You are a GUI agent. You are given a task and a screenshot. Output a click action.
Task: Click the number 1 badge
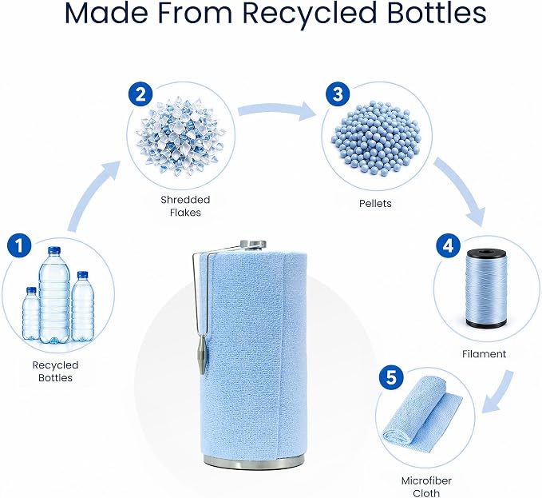coord(19,246)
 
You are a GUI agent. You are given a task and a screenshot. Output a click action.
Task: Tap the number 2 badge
coord(140,94)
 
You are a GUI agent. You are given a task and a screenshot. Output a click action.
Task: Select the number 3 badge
coord(338,94)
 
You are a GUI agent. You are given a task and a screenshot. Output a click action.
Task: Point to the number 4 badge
coord(448,246)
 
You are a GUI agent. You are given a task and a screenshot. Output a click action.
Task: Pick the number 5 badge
coord(391,377)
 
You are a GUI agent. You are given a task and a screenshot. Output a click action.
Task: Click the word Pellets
coord(375,203)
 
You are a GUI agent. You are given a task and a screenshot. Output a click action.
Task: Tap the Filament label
coord(484,353)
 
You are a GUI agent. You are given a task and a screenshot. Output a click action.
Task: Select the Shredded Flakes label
coord(185,206)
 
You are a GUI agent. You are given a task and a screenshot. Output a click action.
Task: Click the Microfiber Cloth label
coord(426,487)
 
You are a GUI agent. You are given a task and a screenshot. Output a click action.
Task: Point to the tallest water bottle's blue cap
coord(54,250)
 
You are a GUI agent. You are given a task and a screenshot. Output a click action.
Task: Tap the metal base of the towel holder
coord(254,461)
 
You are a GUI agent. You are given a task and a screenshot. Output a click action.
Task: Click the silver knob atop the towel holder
coord(253,245)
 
